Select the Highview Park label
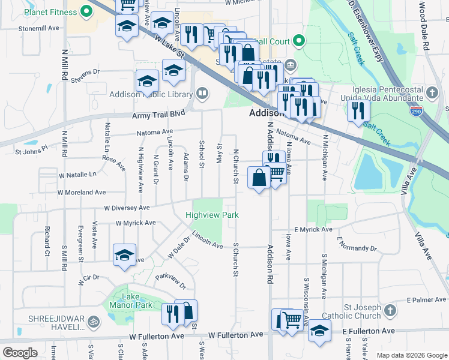(212, 215)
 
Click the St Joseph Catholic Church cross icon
(390, 310)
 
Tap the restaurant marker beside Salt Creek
(358, 110)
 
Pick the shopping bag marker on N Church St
(259, 178)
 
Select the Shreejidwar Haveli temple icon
(92, 322)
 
